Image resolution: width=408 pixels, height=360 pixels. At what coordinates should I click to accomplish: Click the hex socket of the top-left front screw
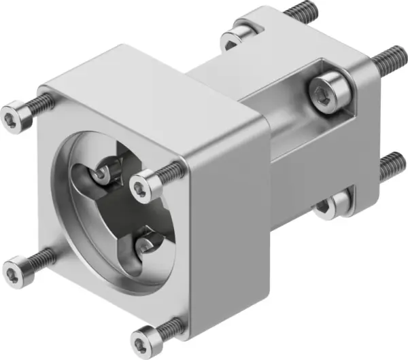tap(10, 119)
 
